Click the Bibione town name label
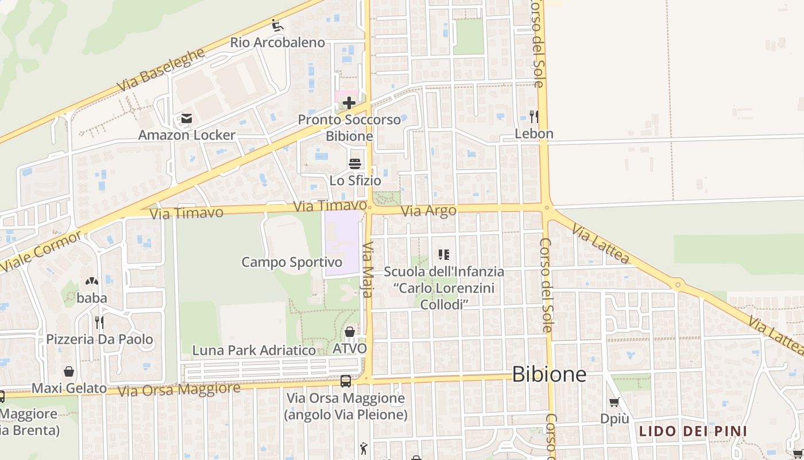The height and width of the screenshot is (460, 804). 549,374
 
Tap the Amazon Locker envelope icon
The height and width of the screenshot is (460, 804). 186,118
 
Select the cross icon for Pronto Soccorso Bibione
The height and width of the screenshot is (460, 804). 349,103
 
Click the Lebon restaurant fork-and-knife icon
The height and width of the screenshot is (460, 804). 534,117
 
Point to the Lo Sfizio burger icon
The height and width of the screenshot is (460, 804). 355,164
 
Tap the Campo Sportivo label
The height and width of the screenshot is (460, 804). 292,262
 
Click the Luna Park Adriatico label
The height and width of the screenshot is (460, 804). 254,350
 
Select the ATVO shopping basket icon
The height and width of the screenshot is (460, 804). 349,332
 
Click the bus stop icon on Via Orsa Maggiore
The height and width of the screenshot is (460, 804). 346,381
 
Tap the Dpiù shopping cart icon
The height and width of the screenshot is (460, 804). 614,402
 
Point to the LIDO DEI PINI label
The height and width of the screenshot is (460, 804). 693,431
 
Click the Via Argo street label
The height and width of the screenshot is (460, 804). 428,211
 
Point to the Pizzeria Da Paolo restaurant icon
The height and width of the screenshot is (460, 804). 99,322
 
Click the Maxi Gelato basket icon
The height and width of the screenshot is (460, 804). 69,371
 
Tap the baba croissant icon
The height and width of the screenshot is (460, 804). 91,281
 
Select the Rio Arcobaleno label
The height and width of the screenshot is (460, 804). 277,43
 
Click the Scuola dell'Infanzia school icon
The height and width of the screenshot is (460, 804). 443,254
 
